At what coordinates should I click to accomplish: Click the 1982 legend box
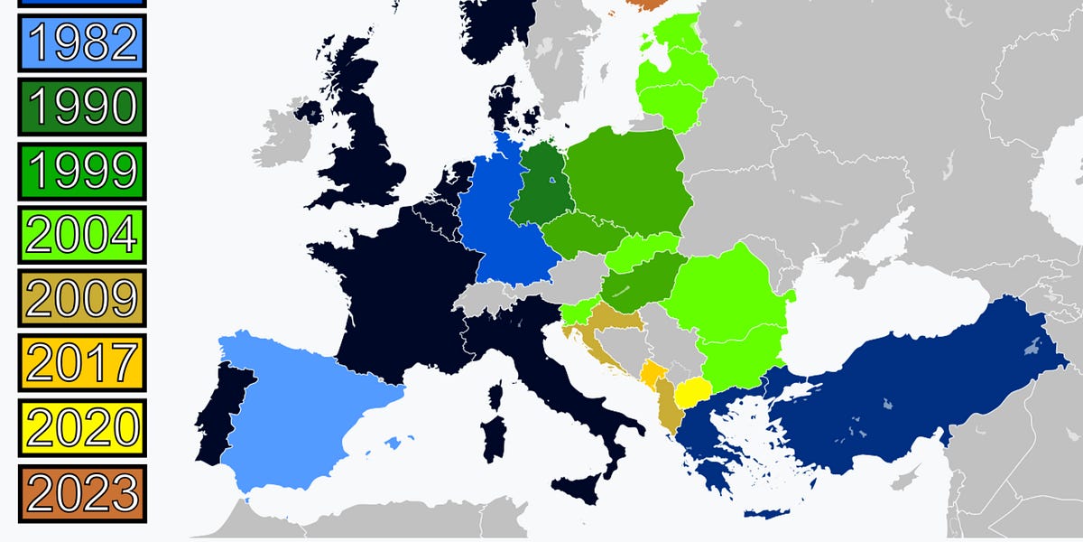point(81,42)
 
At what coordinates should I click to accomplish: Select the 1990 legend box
point(81,107)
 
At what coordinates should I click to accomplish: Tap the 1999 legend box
point(81,170)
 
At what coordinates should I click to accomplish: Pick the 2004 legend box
point(81,234)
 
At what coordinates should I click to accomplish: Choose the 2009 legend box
point(81,298)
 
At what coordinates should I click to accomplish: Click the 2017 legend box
point(81,362)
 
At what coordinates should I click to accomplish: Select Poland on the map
point(627,181)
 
